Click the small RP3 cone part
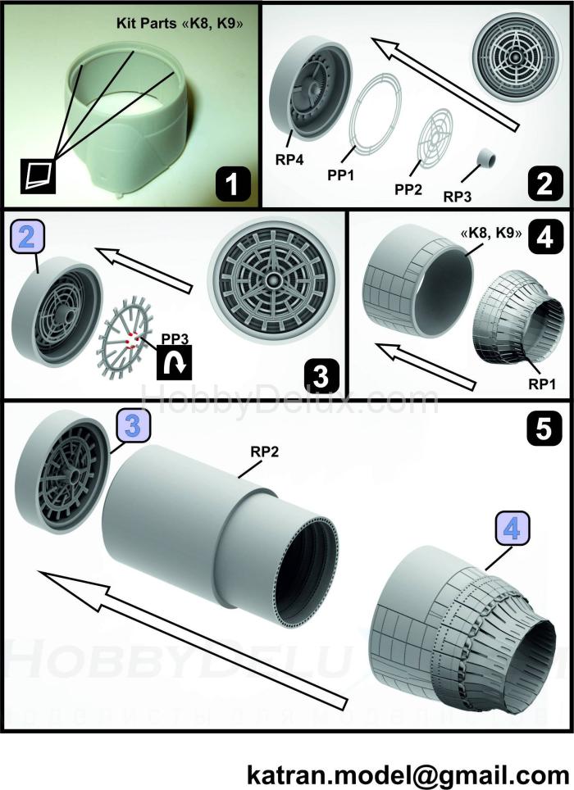tap(490, 157)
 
